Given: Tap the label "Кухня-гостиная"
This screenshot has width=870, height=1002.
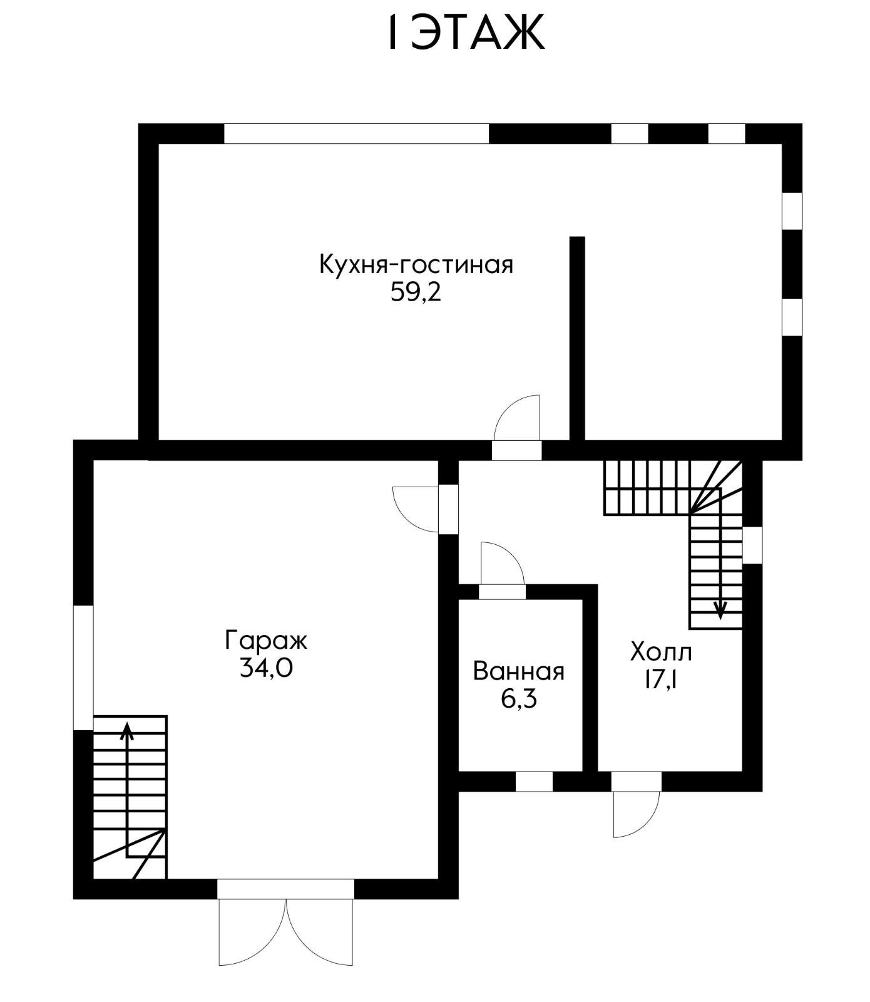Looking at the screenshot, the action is (416, 264).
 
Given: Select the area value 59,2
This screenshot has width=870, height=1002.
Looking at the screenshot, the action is (416, 292).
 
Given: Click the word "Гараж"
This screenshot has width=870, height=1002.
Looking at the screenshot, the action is (266, 641).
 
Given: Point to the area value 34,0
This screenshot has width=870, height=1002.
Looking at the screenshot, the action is (266, 669).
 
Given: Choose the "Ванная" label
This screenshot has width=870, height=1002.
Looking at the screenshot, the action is (519, 671).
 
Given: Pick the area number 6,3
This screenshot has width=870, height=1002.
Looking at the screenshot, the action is (519, 699).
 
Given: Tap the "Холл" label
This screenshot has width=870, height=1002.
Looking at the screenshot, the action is (661, 653).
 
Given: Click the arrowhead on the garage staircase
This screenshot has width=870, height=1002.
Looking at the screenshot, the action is (128, 730).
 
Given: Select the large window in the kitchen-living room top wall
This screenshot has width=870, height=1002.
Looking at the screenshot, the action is (356, 134).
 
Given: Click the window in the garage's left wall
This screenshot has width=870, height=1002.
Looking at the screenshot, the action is (83, 668).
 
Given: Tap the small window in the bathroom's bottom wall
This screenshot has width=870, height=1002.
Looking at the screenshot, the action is (534, 782).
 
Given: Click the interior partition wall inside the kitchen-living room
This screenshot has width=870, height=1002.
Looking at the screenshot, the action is (577, 338).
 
